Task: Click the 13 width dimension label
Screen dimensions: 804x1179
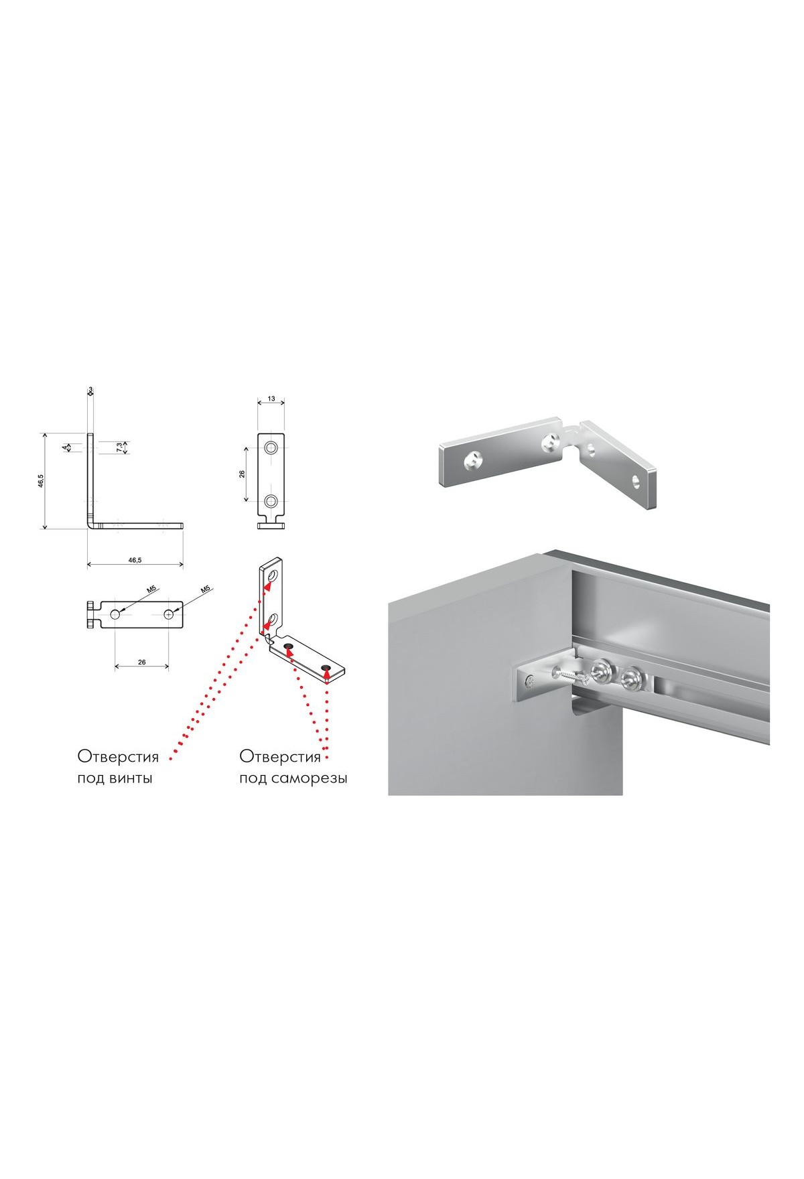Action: click(271, 399)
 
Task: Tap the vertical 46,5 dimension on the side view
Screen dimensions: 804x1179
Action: click(41, 480)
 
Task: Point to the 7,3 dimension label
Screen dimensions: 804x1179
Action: click(119, 447)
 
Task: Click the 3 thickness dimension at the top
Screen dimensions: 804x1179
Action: click(90, 389)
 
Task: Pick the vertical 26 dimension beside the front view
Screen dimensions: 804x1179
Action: click(242, 474)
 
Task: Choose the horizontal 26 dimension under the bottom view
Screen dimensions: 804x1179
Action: click(141, 662)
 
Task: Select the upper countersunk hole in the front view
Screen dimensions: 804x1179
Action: click(271, 447)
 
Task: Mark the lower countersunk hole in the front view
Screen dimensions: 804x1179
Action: click(271, 500)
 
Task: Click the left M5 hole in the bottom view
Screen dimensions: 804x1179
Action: click(115, 614)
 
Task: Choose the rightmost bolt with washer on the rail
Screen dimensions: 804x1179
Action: click(629, 679)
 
